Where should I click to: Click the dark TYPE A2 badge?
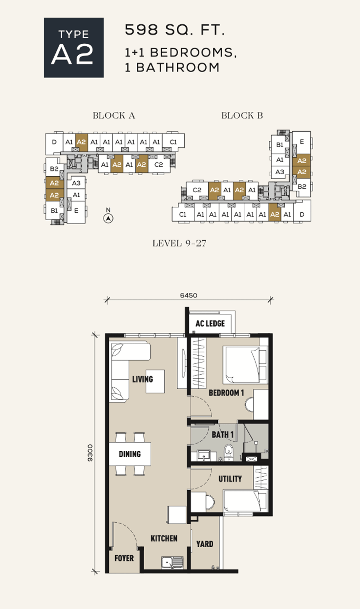point(74,47)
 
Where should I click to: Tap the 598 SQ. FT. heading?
point(175,30)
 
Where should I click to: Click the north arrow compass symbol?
point(108,218)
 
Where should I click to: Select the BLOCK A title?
point(114,115)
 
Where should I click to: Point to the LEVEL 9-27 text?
point(179,243)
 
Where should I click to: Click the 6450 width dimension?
point(189,295)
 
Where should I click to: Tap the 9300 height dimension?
point(90,453)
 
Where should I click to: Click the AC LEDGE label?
point(210,324)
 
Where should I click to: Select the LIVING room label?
point(142,379)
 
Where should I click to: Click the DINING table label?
point(130,454)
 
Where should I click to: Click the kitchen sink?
point(172,562)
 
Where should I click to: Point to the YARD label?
point(205,544)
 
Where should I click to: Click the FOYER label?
point(124,558)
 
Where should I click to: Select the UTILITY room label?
point(230,479)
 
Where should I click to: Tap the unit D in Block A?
point(54,143)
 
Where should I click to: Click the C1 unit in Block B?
point(183,214)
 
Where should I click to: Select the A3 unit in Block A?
point(76,183)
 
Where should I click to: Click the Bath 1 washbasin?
point(204,455)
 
